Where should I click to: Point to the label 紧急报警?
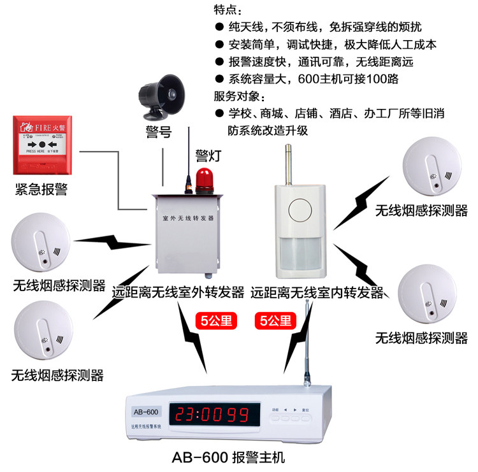(41, 189)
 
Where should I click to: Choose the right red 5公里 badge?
(277, 319)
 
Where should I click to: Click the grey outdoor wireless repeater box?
(187, 235)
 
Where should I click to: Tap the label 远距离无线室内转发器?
(317, 292)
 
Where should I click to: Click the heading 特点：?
(228, 11)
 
